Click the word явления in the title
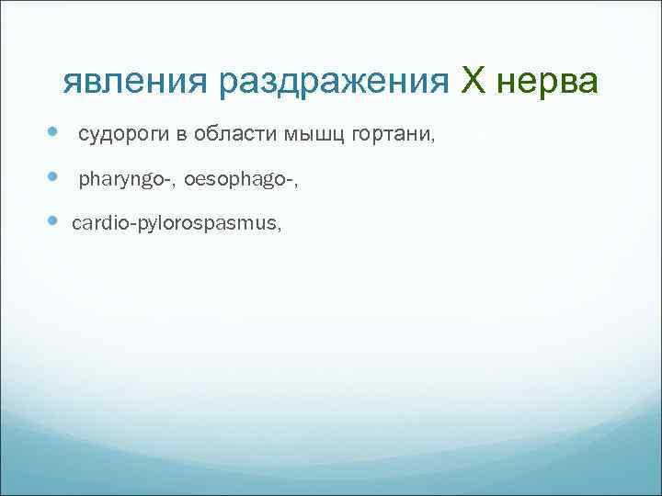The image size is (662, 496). point(137,85)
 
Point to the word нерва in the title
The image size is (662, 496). point(548,85)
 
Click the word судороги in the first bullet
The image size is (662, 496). point(122,136)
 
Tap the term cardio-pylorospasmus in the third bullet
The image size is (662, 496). point(176,222)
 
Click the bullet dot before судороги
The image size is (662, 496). point(50,134)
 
